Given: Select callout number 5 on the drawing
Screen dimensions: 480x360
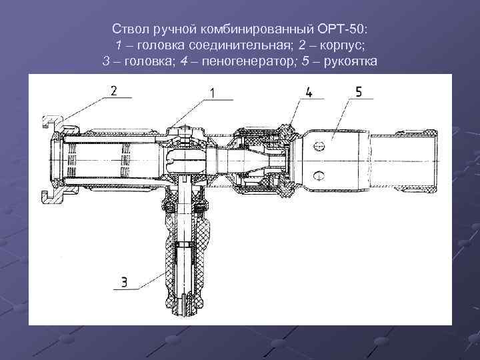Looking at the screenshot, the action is [359, 92].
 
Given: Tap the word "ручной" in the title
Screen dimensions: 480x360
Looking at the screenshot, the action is [170, 30].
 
